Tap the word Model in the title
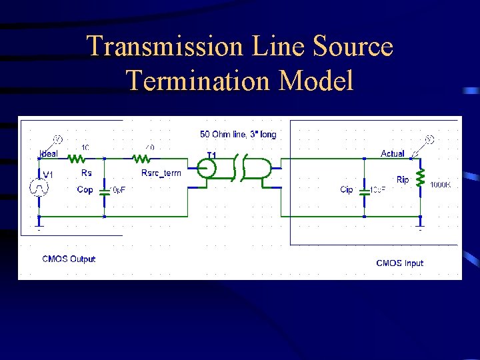pos(316,81)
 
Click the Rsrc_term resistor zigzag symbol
pos(141,159)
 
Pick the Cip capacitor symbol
pos(364,191)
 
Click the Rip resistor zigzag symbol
pos(421,178)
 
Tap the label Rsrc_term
pos(161,173)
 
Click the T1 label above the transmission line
pos(211,155)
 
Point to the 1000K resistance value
pos(440,185)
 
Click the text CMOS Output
pos(69,259)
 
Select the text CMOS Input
pos(399,263)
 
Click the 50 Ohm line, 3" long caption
pos(238,135)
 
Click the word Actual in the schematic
pos(392,153)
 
